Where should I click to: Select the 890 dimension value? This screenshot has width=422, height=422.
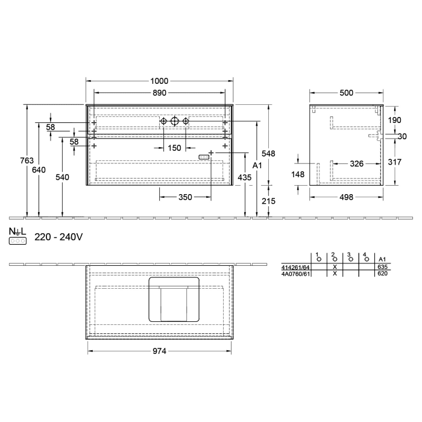[x=159, y=93]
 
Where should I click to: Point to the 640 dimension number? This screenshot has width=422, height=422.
[x=39, y=170]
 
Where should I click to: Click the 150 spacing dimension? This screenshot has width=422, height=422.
[x=174, y=148]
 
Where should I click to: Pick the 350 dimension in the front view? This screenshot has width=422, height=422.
[x=186, y=197]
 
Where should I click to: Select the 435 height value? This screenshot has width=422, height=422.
[x=245, y=178]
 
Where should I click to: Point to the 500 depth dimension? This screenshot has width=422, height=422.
[x=346, y=93]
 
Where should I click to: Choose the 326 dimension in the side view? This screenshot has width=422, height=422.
[x=356, y=163]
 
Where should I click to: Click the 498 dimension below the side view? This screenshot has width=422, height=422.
[x=346, y=196]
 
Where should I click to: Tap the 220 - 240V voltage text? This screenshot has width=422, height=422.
[x=58, y=238]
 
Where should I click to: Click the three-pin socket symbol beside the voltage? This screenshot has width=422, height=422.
[x=17, y=241]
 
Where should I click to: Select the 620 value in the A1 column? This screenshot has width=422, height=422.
[x=382, y=273]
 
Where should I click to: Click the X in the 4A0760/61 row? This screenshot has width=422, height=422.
[x=334, y=273]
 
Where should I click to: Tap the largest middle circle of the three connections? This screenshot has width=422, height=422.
[x=174, y=122]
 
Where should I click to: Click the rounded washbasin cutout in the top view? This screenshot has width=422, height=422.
[x=174, y=300]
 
